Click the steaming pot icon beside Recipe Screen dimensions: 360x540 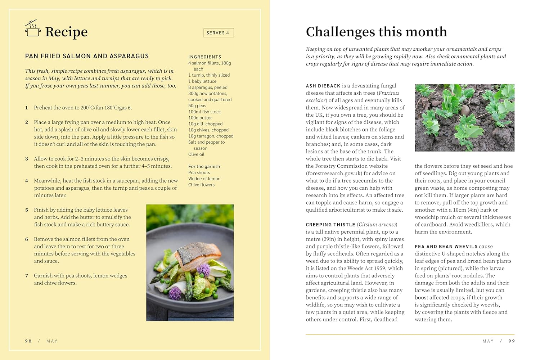pos(33,28)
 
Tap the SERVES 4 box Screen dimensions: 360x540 pos(218,33)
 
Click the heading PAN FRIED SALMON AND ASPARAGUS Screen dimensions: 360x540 pos(87,56)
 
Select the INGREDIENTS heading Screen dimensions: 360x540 pos(204,57)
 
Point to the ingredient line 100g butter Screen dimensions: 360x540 pos(200,118)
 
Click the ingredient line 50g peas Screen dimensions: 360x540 pos(197,105)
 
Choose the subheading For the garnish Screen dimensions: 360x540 pos(204,166)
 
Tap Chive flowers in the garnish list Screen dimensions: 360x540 pos(201,185)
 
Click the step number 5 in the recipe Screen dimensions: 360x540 pos(27,210)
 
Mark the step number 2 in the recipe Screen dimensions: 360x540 pos(27,122)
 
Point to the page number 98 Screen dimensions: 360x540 pos(28,341)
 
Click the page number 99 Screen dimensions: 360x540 pos(512,341)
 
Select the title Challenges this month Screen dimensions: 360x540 pos(376,32)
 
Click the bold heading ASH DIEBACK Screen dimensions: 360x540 pos(323,86)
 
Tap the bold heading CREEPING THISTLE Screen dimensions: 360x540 pos(330,225)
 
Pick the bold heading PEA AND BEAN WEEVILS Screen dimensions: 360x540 pos(446,247)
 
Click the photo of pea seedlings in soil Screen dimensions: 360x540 pos(464,118)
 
